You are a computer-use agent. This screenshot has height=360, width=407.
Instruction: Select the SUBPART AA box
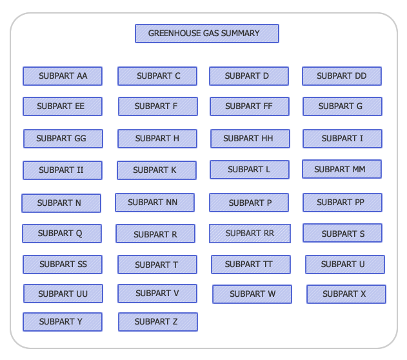[63, 76]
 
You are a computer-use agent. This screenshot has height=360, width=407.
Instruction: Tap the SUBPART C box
[157, 76]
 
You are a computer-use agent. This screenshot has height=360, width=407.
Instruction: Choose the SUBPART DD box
[341, 76]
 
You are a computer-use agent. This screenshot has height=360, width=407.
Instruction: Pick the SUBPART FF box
[249, 106]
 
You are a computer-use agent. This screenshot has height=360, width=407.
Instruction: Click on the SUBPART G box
[342, 106]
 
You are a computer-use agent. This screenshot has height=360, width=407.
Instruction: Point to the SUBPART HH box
[250, 139]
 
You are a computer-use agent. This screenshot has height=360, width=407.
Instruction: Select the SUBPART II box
[62, 170]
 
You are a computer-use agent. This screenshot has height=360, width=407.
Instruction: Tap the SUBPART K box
[156, 170]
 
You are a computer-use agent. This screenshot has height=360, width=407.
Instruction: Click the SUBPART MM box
[341, 170]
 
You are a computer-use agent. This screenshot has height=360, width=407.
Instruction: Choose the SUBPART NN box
[154, 203]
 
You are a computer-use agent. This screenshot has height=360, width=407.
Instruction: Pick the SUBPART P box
[249, 203]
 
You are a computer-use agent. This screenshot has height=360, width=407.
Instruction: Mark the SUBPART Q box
[61, 234]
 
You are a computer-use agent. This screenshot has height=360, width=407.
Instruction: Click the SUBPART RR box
[250, 234]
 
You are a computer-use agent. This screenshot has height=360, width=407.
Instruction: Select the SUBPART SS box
[62, 265]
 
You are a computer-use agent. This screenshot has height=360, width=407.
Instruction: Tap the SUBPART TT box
[250, 265]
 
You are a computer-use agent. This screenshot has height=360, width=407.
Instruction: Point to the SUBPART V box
[157, 294]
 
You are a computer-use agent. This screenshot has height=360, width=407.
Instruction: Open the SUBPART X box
[346, 294]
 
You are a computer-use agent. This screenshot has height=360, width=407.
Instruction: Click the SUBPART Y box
[62, 322]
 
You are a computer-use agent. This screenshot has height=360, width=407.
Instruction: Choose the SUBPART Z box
[157, 322]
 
